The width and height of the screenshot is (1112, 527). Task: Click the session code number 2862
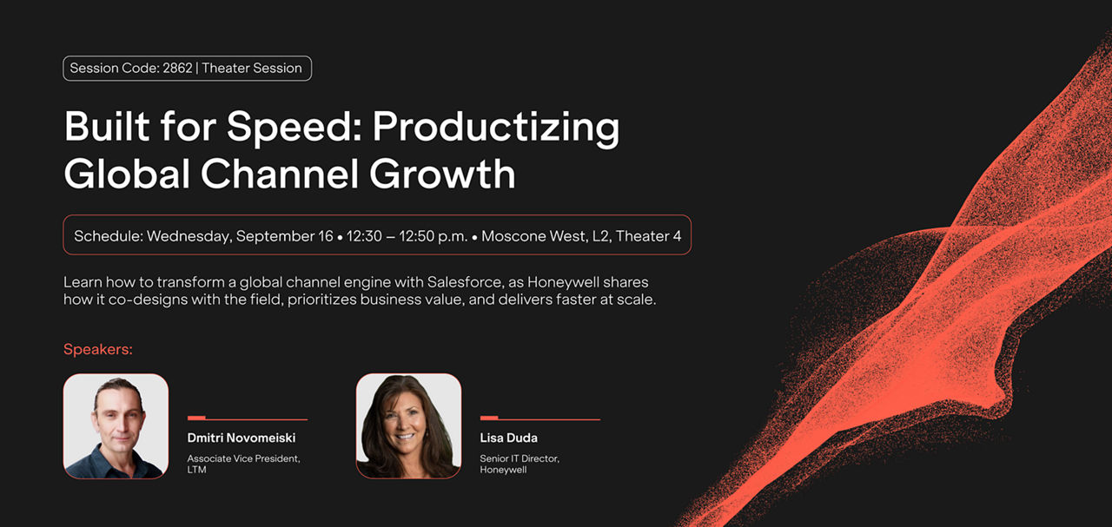click(x=177, y=68)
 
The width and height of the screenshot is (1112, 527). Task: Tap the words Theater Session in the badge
click(x=252, y=68)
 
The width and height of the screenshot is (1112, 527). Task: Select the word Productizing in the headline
click(x=496, y=128)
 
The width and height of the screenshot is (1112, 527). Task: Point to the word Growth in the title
click(x=442, y=174)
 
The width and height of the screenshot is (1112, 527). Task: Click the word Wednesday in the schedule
click(x=189, y=236)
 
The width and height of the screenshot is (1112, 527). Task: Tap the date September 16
click(x=284, y=236)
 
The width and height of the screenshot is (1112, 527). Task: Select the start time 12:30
click(x=364, y=236)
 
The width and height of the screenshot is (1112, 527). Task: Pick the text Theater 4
click(x=648, y=236)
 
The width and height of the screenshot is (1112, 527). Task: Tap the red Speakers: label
click(x=98, y=349)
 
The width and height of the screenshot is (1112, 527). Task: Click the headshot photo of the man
click(x=116, y=425)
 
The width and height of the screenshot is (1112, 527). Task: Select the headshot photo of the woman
click(x=408, y=425)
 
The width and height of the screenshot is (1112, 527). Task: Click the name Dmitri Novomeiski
click(x=242, y=438)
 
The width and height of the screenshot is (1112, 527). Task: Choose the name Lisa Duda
click(x=508, y=438)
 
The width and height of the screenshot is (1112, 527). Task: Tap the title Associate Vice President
click(x=243, y=458)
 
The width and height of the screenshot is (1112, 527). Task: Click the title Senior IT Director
click(x=520, y=458)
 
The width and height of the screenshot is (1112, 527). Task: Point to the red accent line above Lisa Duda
click(x=540, y=418)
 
